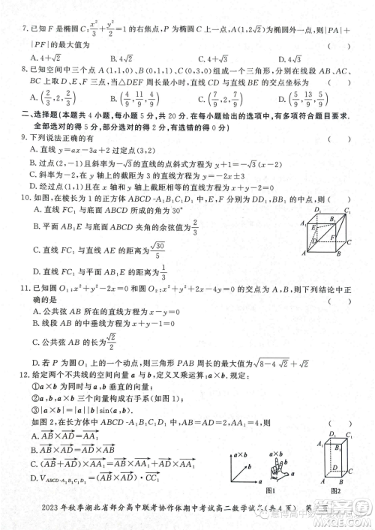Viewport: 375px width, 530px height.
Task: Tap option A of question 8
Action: [33, 96]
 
